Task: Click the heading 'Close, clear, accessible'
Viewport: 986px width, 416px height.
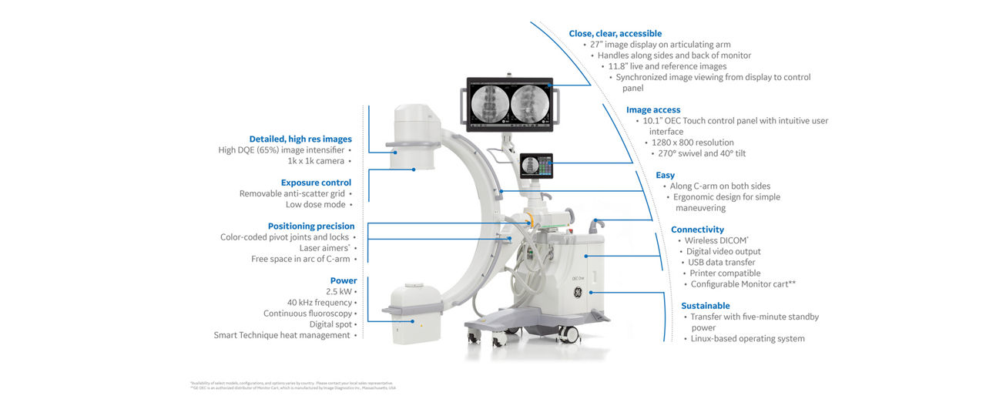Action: pyautogui.click(x=615, y=33)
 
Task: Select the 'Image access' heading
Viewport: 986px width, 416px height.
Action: pyautogui.click(x=653, y=110)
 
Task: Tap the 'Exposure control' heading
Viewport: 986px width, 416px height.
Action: pyautogui.click(x=316, y=183)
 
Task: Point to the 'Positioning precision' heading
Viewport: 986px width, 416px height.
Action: pyautogui.click(x=311, y=226)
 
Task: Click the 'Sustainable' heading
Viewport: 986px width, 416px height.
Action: pyautogui.click(x=705, y=306)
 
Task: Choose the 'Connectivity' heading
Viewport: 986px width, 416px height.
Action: pyautogui.click(x=697, y=230)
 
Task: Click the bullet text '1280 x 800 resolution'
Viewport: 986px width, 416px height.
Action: pyautogui.click(x=693, y=143)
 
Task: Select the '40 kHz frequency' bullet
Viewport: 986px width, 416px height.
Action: pyautogui.click(x=320, y=303)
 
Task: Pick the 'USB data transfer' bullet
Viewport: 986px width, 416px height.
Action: pyautogui.click(x=721, y=262)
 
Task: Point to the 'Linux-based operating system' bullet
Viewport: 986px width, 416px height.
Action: pyautogui.click(x=747, y=338)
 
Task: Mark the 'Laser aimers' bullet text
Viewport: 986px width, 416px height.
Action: pyautogui.click(x=324, y=248)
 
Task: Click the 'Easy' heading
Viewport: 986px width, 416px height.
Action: pyautogui.click(x=665, y=176)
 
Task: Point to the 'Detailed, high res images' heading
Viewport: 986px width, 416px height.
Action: pyautogui.click(x=300, y=139)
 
